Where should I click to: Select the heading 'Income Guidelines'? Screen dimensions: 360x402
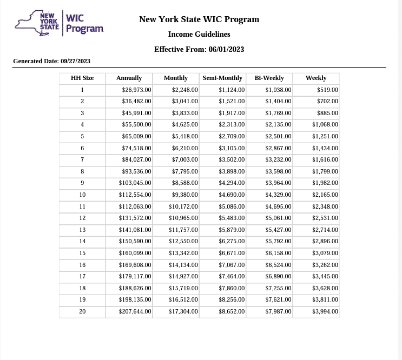coord(199,34)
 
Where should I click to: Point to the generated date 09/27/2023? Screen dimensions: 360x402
coord(75,61)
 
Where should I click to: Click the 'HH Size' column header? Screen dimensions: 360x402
coord(82,78)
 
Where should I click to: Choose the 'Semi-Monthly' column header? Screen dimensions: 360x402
coord(222,78)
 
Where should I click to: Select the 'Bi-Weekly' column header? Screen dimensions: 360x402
coord(269,78)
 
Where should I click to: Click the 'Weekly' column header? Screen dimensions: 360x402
coord(316,78)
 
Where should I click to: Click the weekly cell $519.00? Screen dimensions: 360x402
coord(327,90)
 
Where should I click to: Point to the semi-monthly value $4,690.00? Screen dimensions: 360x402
coord(232,195)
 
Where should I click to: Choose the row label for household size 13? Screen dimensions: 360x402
coord(82,230)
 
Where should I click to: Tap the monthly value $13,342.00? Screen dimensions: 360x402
coord(183,253)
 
